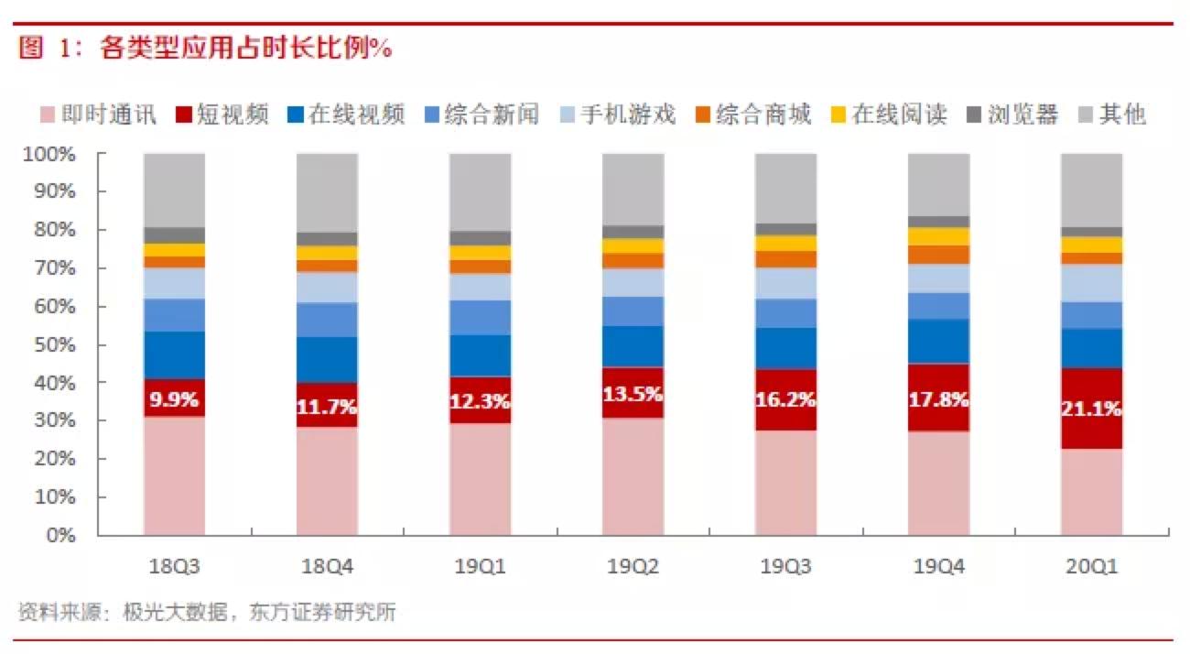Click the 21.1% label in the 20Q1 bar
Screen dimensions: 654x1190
click(1091, 409)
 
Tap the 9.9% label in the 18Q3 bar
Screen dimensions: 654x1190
click(174, 398)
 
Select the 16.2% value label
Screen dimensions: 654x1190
click(785, 399)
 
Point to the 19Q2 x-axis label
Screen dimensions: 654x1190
click(633, 567)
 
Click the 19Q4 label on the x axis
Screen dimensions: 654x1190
click(938, 567)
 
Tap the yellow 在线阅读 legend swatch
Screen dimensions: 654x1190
click(838, 114)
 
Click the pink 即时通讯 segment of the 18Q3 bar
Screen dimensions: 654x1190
click(174, 476)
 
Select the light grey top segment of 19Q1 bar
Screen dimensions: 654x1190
click(480, 191)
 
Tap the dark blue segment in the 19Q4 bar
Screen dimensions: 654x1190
click(938, 341)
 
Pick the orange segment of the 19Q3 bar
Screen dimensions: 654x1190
click(785, 258)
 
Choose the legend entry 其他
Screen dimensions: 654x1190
click(1122, 114)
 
